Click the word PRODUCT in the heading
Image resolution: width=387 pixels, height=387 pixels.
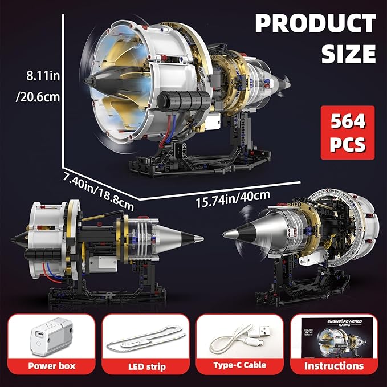click(x=315, y=24)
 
